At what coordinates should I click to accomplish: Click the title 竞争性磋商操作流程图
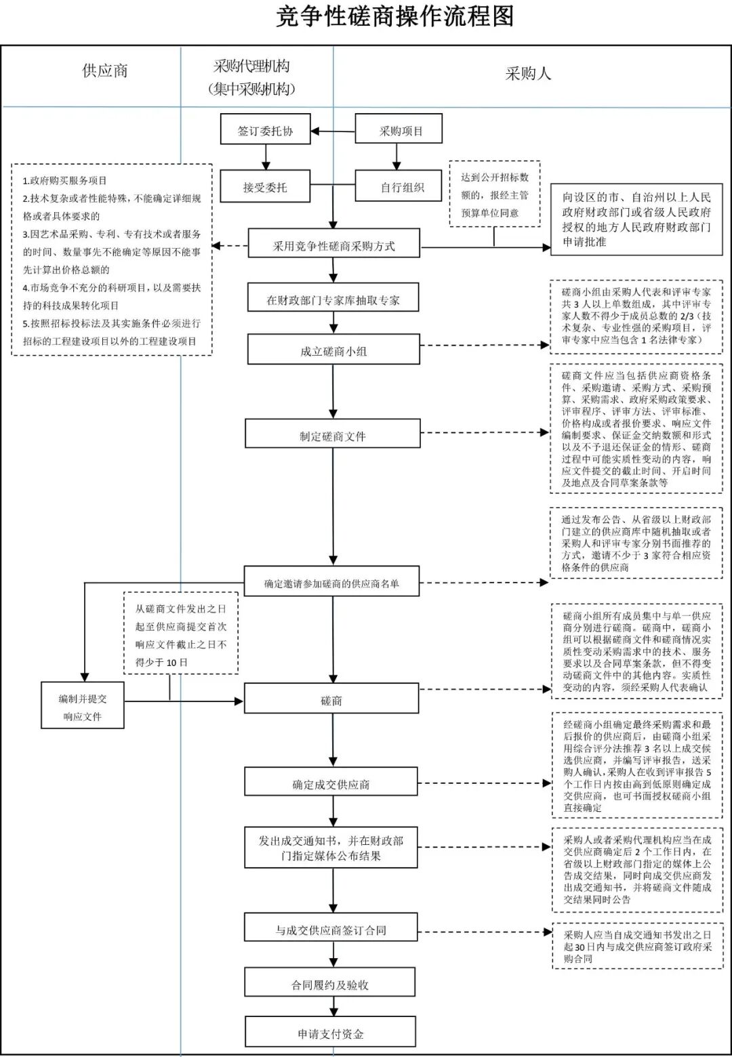(x=394, y=16)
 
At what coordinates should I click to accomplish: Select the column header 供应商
(x=105, y=71)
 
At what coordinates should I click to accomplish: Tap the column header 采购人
(x=528, y=74)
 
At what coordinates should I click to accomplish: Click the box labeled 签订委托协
(x=265, y=131)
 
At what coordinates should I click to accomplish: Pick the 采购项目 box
(x=399, y=131)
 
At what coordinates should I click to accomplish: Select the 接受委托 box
(x=265, y=187)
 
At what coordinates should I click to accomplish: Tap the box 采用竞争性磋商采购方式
(x=333, y=245)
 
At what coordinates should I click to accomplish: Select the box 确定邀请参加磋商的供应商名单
(x=331, y=583)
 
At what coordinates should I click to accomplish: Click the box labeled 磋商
(x=331, y=700)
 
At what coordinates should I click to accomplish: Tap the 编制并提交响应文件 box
(x=83, y=707)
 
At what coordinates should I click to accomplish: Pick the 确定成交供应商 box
(x=331, y=784)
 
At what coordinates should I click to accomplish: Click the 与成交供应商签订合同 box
(x=330, y=930)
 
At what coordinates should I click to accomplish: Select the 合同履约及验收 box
(x=330, y=985)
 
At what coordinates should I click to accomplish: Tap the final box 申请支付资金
(x=330, y=1034)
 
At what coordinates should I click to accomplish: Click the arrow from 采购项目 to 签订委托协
(x=333, y=131)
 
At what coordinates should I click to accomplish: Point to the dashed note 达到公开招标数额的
(x=495, y=194)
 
